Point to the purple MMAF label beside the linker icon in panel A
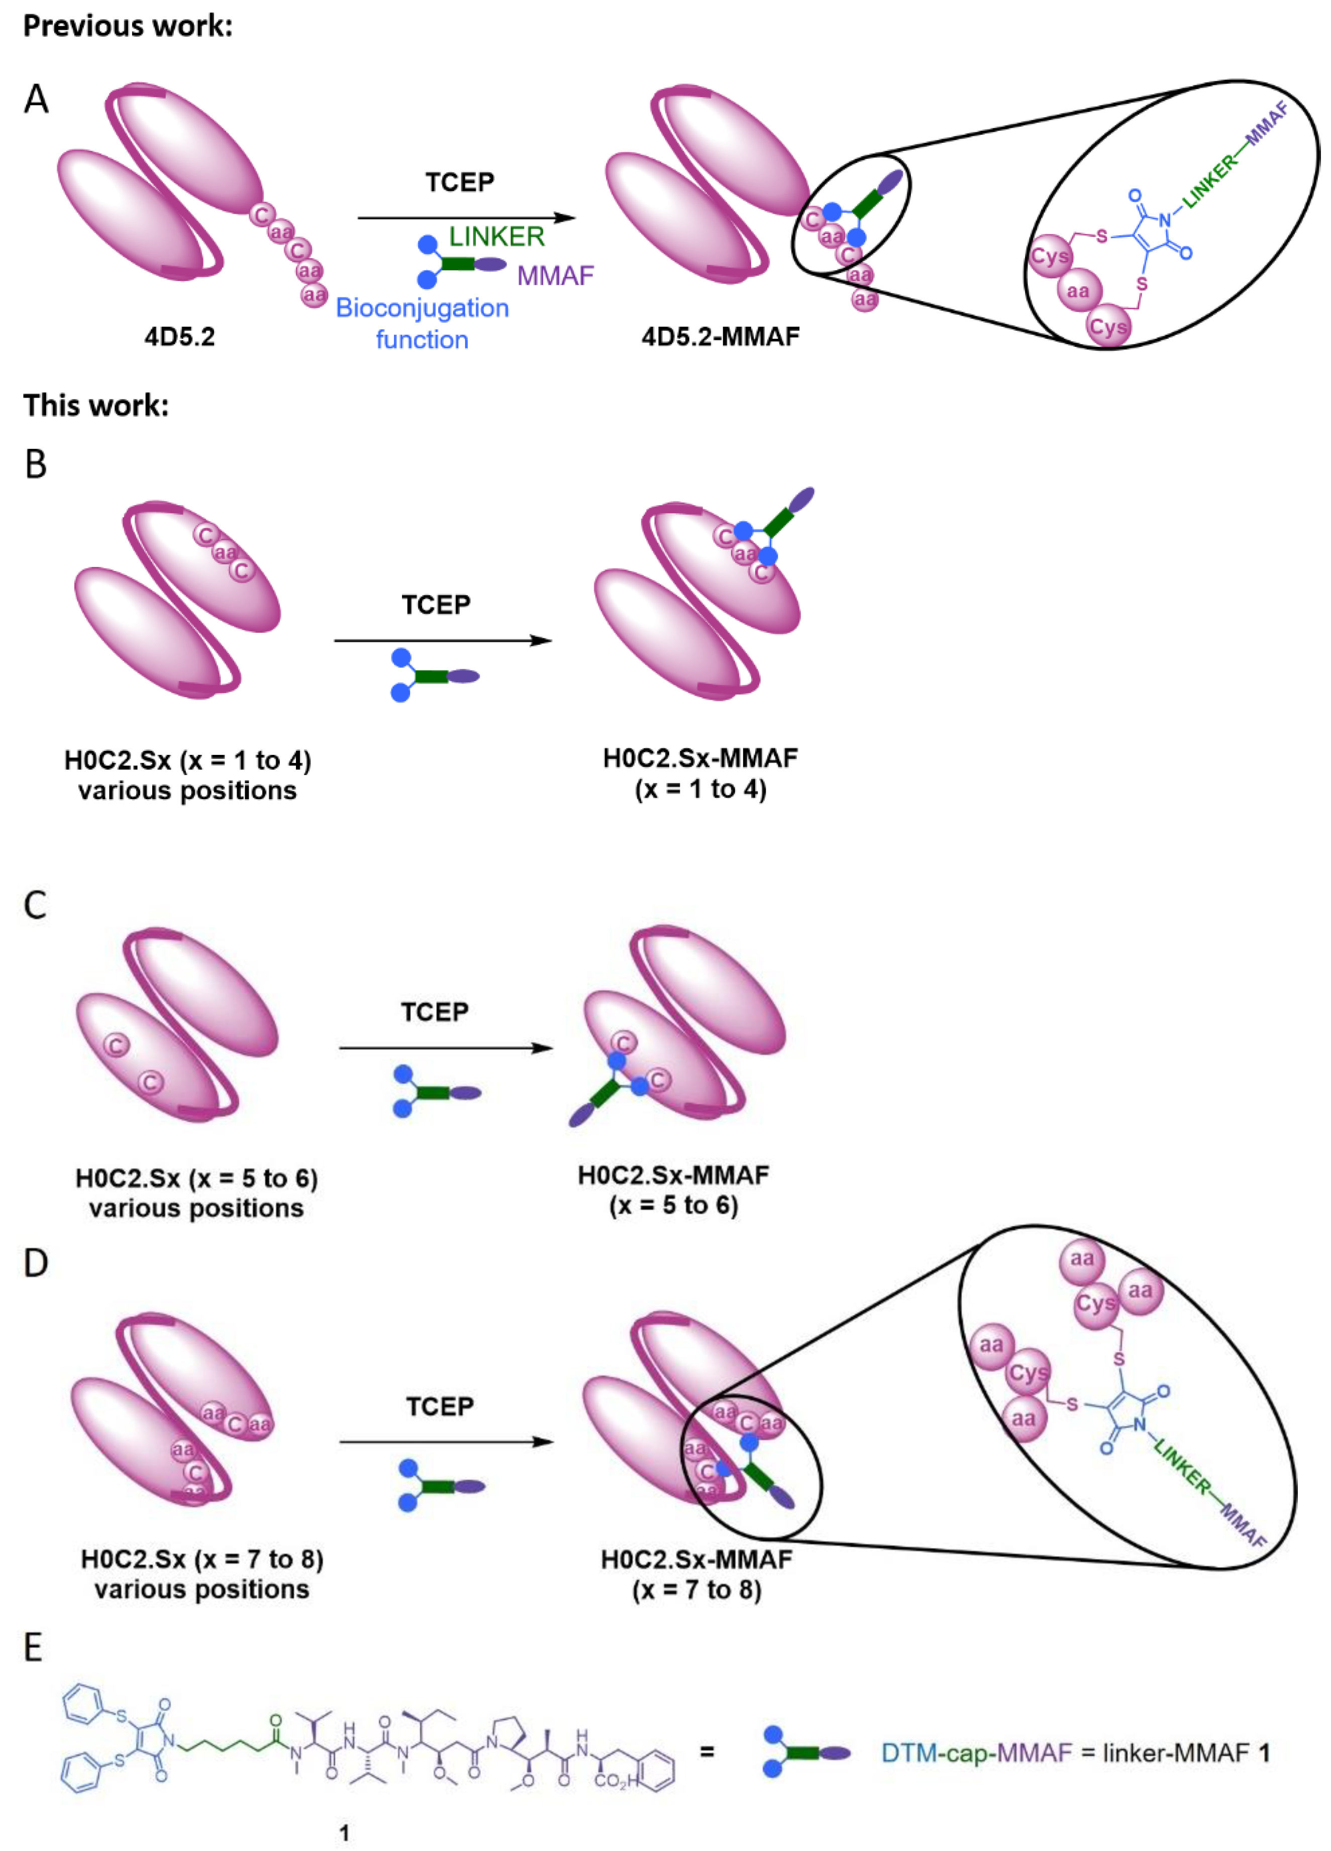[x=555, y=276]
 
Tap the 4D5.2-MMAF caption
[x=720, y=336]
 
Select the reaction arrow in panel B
[x=443, y=641]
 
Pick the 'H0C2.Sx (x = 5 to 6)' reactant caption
[x=196, y=1193]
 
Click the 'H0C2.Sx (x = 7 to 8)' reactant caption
[x=201, y=1574]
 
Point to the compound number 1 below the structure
[x=344, y=1833]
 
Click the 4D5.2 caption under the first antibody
[x=179, y=336]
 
